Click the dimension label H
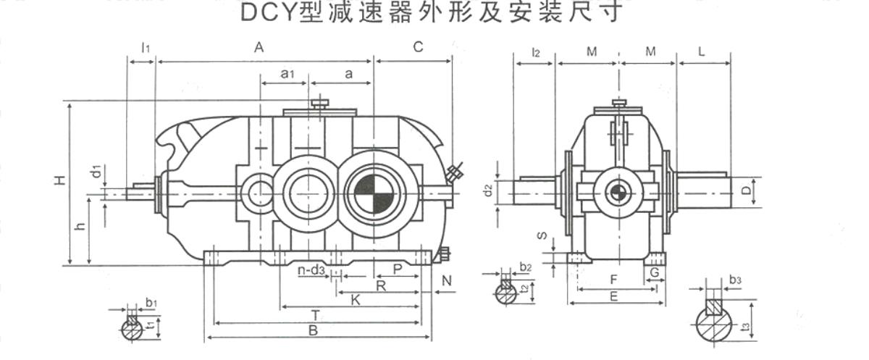coord(60,180)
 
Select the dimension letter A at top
coord(259,47)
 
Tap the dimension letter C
coord(418,47)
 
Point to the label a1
coord(287,73)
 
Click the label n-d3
coord(311,269)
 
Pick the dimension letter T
coord(316,316)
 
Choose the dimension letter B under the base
coord(313,330)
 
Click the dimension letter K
coord(356,300)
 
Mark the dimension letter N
coord(447,280)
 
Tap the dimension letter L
coord(702,51)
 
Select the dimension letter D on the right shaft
coord(747,191)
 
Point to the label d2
coord(488,190)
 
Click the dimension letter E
coord(614,297)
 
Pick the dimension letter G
coord(655,272)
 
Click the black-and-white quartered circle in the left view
coord(374,194)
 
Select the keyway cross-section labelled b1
coord(133,328)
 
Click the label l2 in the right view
coord(536,52)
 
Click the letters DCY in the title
coord(269,13)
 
